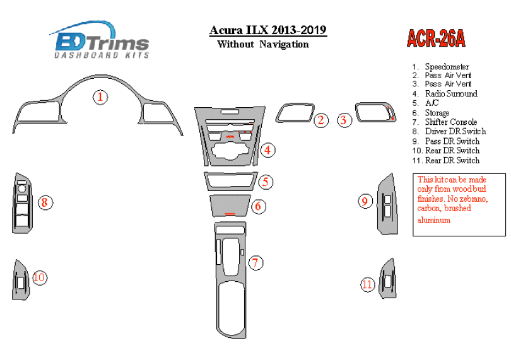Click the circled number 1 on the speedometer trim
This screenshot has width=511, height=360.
100,96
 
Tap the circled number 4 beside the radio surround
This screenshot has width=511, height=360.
268,149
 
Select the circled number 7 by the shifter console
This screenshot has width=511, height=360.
255,263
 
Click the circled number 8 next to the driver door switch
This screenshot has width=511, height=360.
45,202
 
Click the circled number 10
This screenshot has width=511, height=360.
39,277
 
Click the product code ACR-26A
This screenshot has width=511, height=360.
435,39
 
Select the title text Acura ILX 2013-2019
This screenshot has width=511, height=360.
267,31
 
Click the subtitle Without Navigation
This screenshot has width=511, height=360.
262,44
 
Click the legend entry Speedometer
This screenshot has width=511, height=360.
447,66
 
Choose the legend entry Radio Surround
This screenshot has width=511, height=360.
450,93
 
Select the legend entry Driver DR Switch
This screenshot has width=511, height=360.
455,131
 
